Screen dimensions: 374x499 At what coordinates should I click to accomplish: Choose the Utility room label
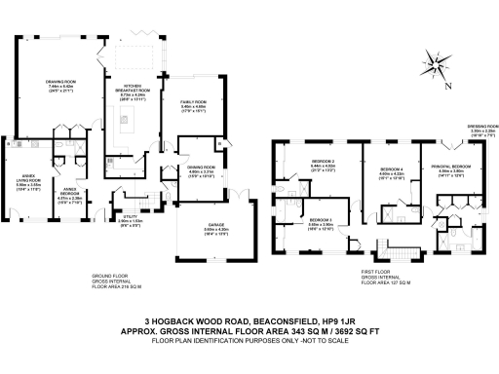pos(128,220)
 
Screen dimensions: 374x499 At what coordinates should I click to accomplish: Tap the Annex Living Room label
pos(28,182)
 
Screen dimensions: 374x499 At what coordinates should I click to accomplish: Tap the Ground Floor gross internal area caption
pos(116,283)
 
